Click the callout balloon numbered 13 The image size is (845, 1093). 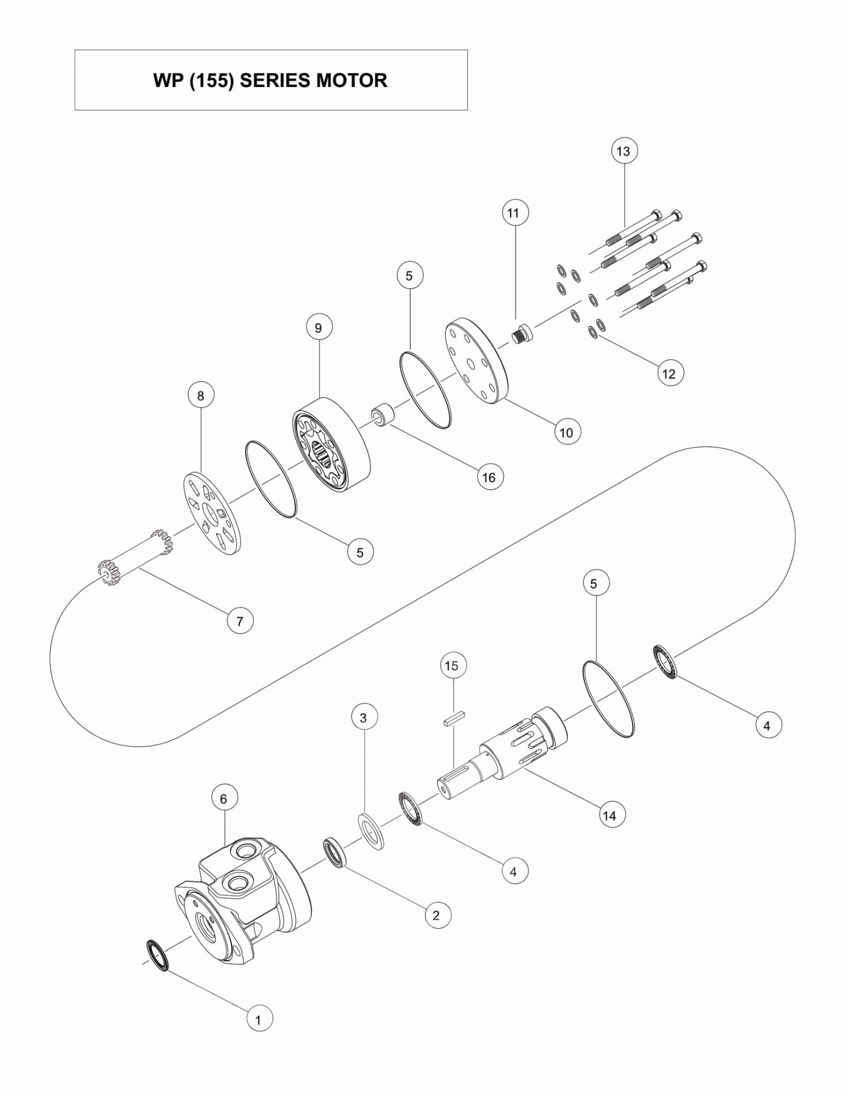(623, 151)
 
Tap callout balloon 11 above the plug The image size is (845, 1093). (515, 213)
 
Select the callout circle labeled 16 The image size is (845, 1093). (490, 477)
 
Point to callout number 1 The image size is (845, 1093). (260, 1020)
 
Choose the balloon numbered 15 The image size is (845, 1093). (453, 666)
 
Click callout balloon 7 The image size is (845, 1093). (240, 621)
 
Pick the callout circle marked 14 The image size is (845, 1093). (611, 815)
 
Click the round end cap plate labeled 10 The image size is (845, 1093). (477, 361)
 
